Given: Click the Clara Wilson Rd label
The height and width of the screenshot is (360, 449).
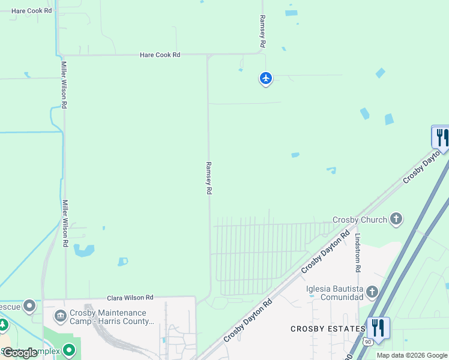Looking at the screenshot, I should [x=130, y=298].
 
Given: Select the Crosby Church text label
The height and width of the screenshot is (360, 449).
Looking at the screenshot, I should [x=360, y=220].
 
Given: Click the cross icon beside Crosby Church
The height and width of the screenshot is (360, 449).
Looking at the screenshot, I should [x=396, y=220].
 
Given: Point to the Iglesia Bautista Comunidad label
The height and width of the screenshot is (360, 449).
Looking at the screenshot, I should [x=335, y=292].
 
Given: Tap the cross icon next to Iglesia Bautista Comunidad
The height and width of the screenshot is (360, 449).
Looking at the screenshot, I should [x=372, y=292].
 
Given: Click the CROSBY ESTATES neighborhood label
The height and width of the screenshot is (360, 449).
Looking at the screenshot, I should [x=328, y=329].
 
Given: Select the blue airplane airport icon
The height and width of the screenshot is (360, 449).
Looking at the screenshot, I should [x=266, y=78].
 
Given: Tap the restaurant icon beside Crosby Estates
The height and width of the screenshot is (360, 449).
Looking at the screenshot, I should [x=378, y=328].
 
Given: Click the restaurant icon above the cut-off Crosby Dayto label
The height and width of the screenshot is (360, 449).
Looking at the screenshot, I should [x=441, y=137].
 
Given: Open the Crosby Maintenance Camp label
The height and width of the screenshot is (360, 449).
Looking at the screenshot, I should [x=112, y=317].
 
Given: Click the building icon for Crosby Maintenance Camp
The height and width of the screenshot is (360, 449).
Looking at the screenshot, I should [x=61, y=316].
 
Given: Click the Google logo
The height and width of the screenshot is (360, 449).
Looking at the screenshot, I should [x=20, y=353].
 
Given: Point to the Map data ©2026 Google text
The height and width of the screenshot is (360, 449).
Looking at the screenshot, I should [x=412, y=355].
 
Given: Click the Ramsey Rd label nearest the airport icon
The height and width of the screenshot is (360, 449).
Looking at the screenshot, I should [x=262, y=32].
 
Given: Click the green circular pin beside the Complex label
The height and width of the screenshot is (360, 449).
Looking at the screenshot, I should [x=70, y=349].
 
